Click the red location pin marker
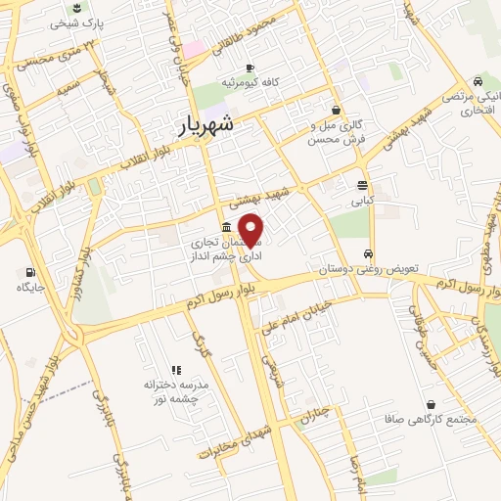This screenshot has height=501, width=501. pyautogui.click(x=251, y=230)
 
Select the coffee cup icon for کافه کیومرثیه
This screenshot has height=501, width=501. pyautogui.click(x=250, y=68)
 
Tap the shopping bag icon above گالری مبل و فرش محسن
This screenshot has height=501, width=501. pyautogui.click(x=337, y=110)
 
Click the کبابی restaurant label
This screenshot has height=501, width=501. pyautogui.click(x=363, y=200)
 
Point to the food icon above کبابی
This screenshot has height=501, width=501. pyautogui.click(x=363, y=184)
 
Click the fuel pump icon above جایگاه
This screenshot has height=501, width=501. pyautogui.click(x=28, y=272)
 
